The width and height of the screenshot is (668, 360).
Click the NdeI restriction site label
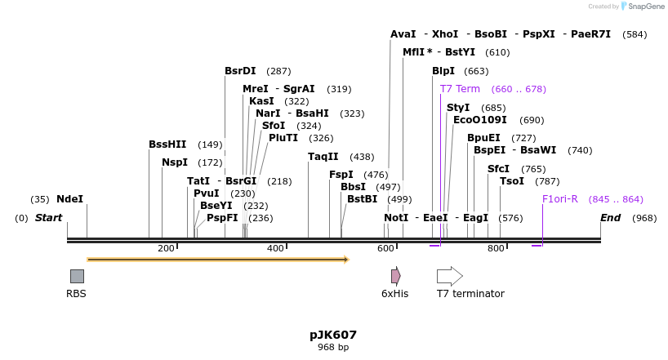coord(69,199)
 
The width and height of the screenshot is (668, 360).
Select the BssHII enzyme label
coord(167,144)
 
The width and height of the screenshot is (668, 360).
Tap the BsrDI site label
coord(240,71)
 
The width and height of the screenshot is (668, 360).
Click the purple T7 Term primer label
coord(460,89)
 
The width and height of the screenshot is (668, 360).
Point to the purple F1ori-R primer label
coord(560,199)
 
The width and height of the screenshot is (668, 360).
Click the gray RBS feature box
coord(77,276)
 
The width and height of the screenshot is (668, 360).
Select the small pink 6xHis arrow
coord(395,276)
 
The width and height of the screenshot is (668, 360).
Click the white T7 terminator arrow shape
coord(449,276)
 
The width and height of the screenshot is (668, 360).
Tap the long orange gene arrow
coord(217,260)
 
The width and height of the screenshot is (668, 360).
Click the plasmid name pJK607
coord(333,335)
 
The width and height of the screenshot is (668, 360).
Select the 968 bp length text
coord(333,348)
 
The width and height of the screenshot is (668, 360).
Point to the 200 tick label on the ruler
coord(166,248)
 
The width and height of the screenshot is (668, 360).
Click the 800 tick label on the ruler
coord(496,248)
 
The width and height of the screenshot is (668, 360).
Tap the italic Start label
coord(48,218)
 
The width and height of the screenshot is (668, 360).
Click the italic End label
coord(610,218)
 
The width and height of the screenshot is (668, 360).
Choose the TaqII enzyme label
coord(323,157)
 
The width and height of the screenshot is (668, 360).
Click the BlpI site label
coord(443,71)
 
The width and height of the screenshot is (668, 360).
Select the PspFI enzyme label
coord(222,218)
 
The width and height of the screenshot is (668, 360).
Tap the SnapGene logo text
coord(646,7)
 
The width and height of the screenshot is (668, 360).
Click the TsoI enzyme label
coord(512,181)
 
